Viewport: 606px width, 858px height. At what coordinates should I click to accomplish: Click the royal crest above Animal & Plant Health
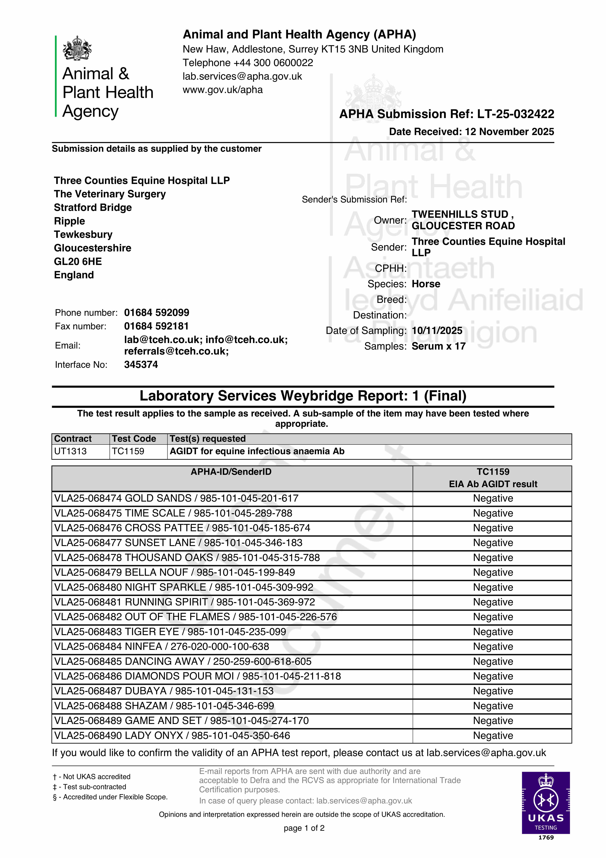tap(77, 48)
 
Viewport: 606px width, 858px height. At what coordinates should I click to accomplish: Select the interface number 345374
tap(141, 365)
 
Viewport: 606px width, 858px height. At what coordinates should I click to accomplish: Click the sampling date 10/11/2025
tap(437, 331)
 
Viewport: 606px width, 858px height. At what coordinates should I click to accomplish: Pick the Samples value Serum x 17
tap(438, 346)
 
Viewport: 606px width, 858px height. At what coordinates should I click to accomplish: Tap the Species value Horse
tap(426, 284)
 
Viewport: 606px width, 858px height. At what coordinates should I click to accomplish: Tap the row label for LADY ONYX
tap(172, 736)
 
